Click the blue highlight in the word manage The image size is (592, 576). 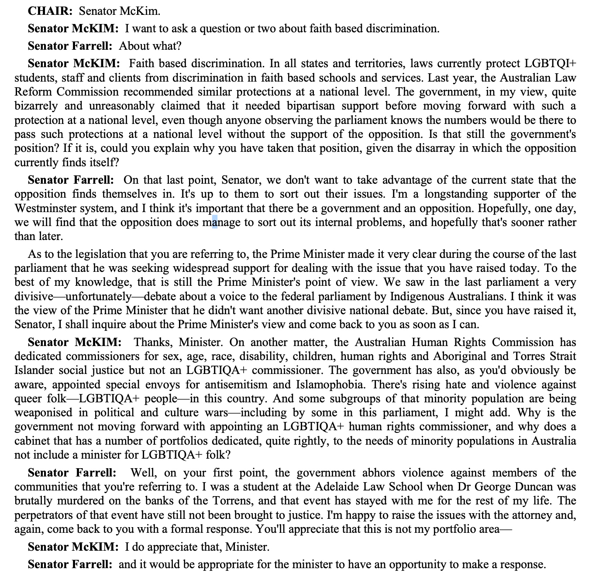pyautogui.click(x=215, y=223)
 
